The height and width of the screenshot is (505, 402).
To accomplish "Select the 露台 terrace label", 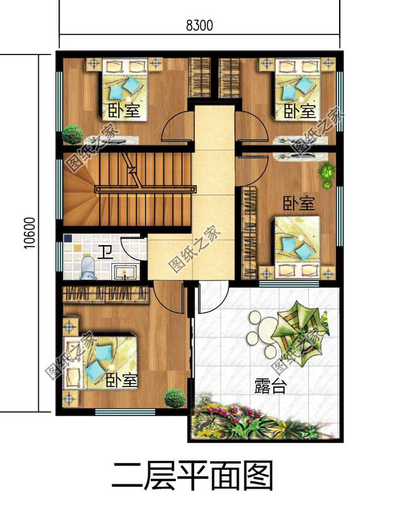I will pyautogui.click(x=270, y=386).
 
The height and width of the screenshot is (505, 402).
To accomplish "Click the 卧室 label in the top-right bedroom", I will pyautogui.click(x=299, y=111).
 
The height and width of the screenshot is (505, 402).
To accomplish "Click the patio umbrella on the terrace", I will pyautogui.click(x=298, y=326).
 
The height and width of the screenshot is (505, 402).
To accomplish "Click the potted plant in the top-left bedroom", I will pyautogui.click(x=72, y=134).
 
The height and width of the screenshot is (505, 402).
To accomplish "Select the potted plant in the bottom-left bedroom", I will pyautogui.click(x=175, y=398).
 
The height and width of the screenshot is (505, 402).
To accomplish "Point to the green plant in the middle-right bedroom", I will pyautogui.click(x=326, y=171).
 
